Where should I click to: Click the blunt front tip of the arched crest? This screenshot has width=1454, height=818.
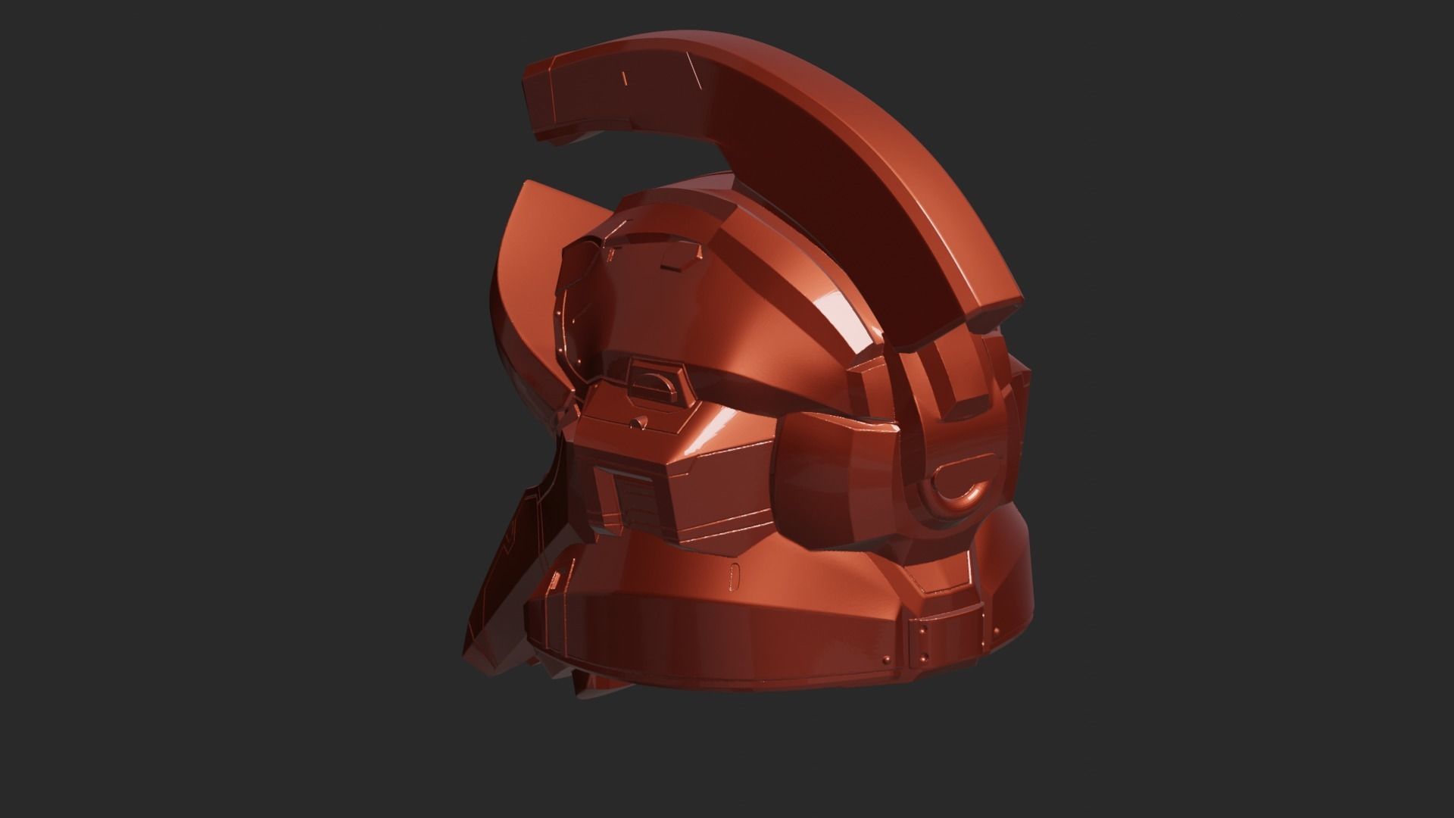(x=542, y=114)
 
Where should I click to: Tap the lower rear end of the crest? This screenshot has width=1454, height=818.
(x=992, y=318)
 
